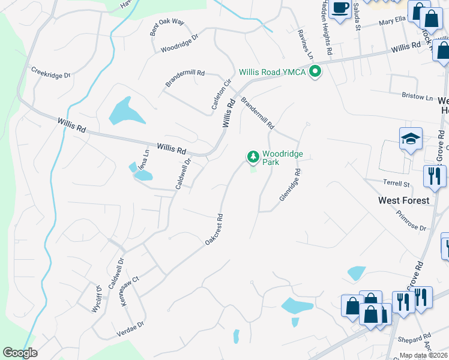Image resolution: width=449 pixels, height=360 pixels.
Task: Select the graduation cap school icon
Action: (x=411, y=139)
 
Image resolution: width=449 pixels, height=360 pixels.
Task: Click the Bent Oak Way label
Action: (x=167, y=28)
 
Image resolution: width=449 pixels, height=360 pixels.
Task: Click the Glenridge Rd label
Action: (x=289, y=184)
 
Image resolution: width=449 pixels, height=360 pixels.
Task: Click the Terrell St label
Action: (x=396, y=182)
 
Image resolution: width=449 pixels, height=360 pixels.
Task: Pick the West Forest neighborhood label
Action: (x=404, y=200)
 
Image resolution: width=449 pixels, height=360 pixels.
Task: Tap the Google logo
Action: (x=20, y=353)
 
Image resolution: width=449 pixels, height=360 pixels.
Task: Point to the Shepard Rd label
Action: (x=418, y=338)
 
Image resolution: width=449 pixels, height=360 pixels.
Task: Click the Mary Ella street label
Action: (x=392, y=24)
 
